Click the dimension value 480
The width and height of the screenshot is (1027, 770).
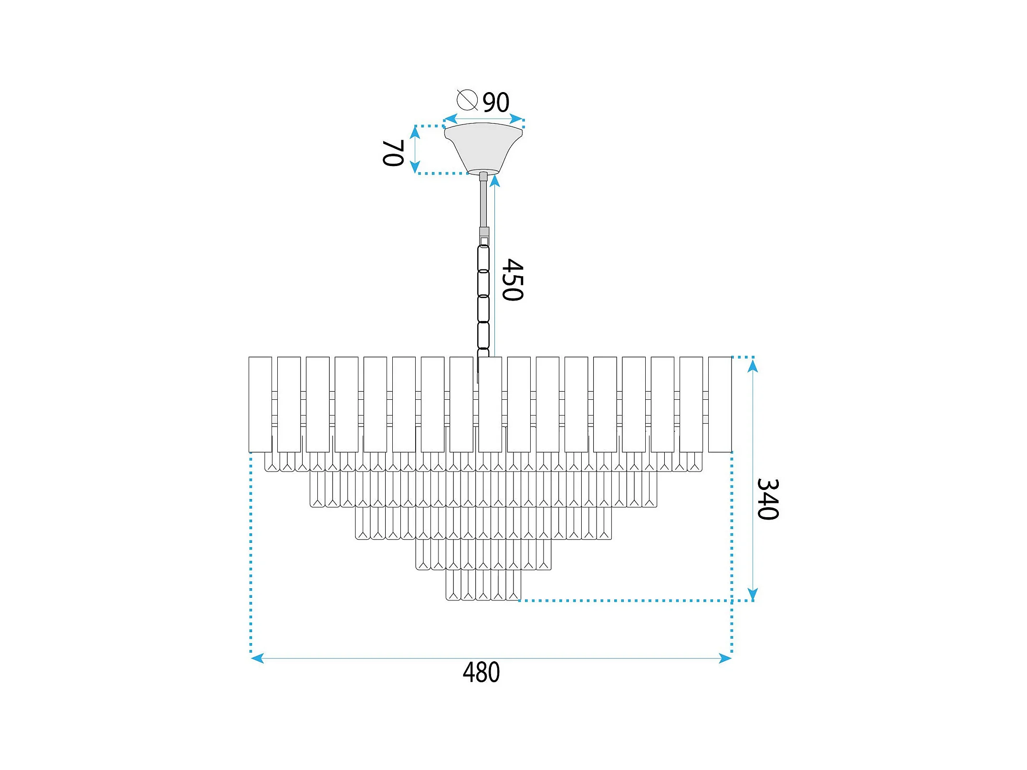(481, 672)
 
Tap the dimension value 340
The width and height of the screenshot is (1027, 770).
(768, 499)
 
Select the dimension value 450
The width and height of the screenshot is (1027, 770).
(513, 280)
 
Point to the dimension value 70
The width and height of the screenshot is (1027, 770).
(394, 153)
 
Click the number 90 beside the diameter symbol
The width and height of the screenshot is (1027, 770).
(496, 102)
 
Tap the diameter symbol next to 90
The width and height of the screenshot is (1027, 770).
(467, 100)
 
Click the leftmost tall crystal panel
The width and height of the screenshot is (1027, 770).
(260, 405)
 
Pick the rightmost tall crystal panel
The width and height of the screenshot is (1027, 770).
(720, 405)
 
